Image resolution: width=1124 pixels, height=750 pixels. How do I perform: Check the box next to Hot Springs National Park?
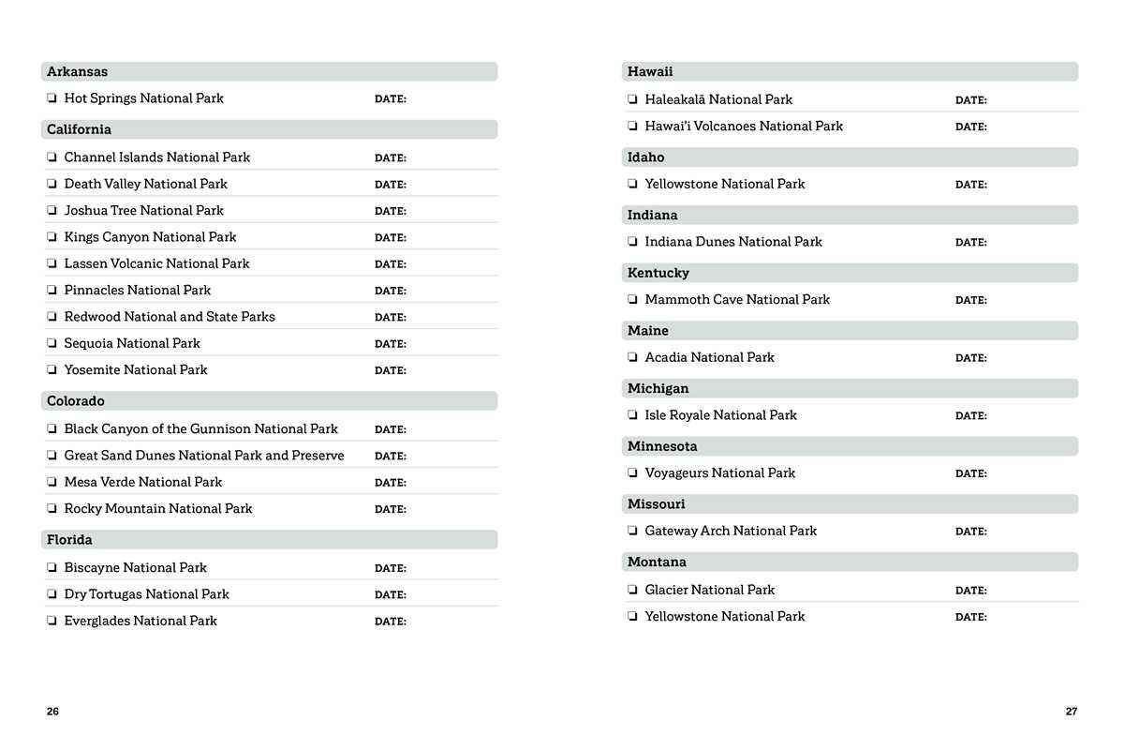coord(52,98)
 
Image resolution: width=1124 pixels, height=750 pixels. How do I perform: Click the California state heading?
coord(79,129)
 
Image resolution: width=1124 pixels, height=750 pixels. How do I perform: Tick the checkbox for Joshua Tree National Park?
coord(52,211)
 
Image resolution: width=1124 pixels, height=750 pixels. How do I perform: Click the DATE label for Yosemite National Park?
coord(390,370)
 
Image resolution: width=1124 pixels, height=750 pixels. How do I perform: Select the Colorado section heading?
coord(75,401)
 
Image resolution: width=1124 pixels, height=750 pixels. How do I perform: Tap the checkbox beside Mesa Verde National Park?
coord(52,482)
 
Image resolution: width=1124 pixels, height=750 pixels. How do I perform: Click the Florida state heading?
coord(69,540)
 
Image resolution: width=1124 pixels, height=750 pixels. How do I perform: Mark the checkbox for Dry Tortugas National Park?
coord(52,594)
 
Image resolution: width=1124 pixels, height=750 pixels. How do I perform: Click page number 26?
coord(52,712)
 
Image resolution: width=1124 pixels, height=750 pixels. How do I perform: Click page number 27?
coord(1072,712)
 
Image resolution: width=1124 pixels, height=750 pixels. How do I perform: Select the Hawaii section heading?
coord(650,72)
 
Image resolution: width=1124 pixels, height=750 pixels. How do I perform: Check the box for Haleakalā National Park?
coord(633,99)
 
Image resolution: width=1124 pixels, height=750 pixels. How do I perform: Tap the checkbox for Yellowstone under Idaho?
coord(633,185)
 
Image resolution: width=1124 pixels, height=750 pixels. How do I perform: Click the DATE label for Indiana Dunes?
coord(970,243)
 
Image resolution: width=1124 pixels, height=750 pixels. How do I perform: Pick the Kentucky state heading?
coord(658,273)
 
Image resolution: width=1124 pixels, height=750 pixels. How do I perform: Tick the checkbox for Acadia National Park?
coord(633,357)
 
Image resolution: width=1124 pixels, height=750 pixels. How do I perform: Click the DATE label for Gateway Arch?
coord(970,532)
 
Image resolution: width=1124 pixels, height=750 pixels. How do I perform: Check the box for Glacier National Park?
coord(633,590)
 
